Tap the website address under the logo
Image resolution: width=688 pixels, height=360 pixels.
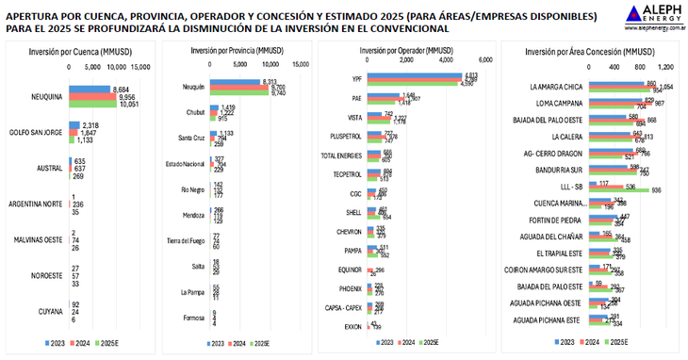(654, 30)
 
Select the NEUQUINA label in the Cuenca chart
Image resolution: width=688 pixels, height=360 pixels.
(46, 96)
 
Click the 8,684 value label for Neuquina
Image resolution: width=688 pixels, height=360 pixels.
(121, 89)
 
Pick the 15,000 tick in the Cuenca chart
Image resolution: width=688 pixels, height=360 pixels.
(139, 67)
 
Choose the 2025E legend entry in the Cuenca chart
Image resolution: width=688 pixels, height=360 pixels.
(117, 342)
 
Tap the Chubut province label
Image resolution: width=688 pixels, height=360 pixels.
(194, 113)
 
